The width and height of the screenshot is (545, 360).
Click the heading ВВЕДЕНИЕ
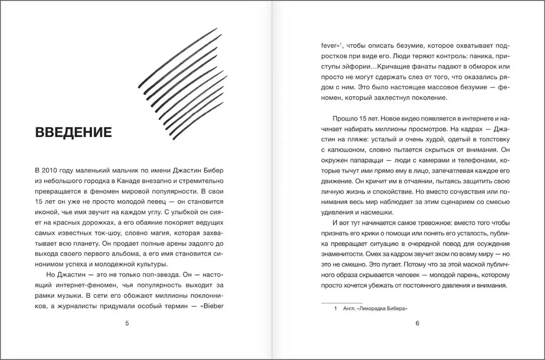coord(73,133)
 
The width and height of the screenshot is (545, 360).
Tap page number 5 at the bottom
coord(127,323)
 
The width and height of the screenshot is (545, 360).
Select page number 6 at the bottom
coord(417,323)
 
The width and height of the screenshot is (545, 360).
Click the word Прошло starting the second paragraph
coord(345,118)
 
